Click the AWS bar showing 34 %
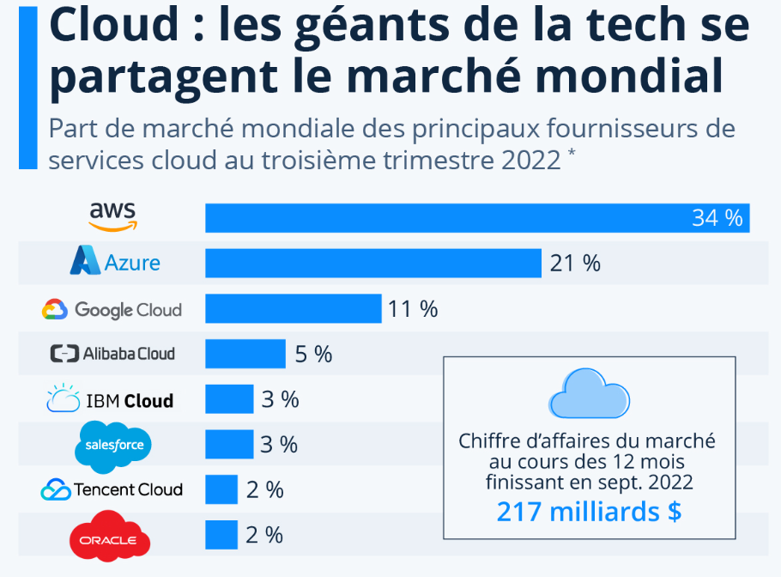pyautogui.click(x=477, y=218)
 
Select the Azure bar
pyautogui.click(x=373, y=263)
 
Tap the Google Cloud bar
pyautogui.click(x=293, y=308)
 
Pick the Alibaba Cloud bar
pyautogui.click(x=245, y=353)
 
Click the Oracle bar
pyautogui.click(x=221, y=535)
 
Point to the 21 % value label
pyautogui.click(x=575, y=263)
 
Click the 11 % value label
pyautogui.click(x=413, y=308)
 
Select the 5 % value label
pyautogui.click(x=313, y=353)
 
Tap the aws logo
pyautogui.click(x=112, y=216)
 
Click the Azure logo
pyautogui.click(x=115, y=261)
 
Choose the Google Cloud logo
pyautogui.click(x=112, y=309)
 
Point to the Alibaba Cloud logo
pyautogui.click(x=112, y=353)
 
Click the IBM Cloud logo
pyautogui.click(x=110, y=399)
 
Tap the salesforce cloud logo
pyautogui.click(x=114, y=444)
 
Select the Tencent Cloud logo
pyautogui.click(x=112, y=489)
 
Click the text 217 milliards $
pyautogui.click(x=589, y=512)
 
